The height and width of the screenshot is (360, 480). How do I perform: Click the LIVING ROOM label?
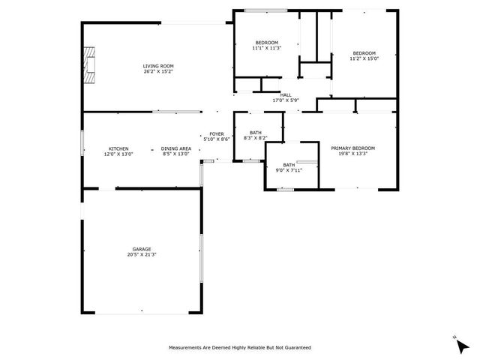[x=158, y=66]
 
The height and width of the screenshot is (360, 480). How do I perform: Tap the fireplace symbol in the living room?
[x=89, y=65]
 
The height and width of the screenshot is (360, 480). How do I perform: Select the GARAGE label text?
[x=142, y=249]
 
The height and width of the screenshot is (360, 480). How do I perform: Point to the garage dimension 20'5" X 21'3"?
[x=142, y=254]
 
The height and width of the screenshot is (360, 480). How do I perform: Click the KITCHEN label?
[x=118, y=148]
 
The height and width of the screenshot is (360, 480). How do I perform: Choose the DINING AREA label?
[x=176, y=148]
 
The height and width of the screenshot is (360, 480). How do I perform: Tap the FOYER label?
[x=217, y=134]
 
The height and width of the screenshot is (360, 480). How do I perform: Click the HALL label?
[x=286, y=95]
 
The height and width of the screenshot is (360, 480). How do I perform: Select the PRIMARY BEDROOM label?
[x=353, y=148]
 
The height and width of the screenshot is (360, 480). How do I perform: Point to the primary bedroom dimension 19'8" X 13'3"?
[x=353, y=154]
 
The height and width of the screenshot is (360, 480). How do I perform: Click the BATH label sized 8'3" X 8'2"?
[x=256, y=133]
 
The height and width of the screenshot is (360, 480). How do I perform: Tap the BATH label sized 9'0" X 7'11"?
[x=289, y=165]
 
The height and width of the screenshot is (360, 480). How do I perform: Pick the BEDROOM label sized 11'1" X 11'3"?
[x=267, y=43]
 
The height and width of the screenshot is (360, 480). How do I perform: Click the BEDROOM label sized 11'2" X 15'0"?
[x=364, y=53]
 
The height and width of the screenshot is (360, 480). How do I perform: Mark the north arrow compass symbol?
[x=462, y=345]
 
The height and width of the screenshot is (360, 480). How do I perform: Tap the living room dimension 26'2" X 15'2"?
[x=158, y=71]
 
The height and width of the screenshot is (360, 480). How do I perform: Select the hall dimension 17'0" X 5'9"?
[x=286, y=100]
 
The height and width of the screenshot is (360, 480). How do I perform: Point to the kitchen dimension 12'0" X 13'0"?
[x=118, y=154]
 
